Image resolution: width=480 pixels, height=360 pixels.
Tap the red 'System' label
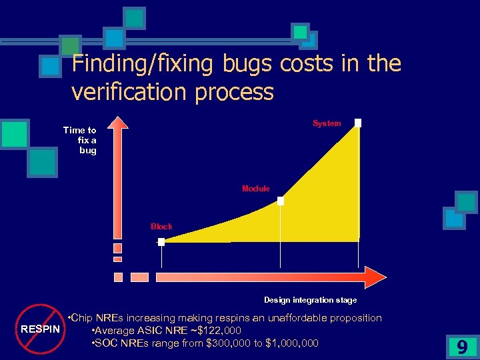[x=327, y=123]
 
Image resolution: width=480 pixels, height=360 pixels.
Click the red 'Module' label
[x=255, y=189]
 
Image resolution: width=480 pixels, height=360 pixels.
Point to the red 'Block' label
[x=161, y=227]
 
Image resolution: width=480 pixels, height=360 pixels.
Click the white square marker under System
[x=358, y=123]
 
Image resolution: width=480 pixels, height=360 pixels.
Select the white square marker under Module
[x=281, y=200]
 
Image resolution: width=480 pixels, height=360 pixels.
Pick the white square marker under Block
[x=161, y=242]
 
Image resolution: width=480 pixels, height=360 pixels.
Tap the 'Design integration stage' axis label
[x=310, y=300]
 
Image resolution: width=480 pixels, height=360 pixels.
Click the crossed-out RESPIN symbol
[x=39, y=329]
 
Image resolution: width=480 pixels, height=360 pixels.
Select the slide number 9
[x=461, y=347]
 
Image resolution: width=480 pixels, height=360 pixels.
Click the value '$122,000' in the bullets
[x=219, y=331]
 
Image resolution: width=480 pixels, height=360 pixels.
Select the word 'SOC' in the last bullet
[x=106, y=343]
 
